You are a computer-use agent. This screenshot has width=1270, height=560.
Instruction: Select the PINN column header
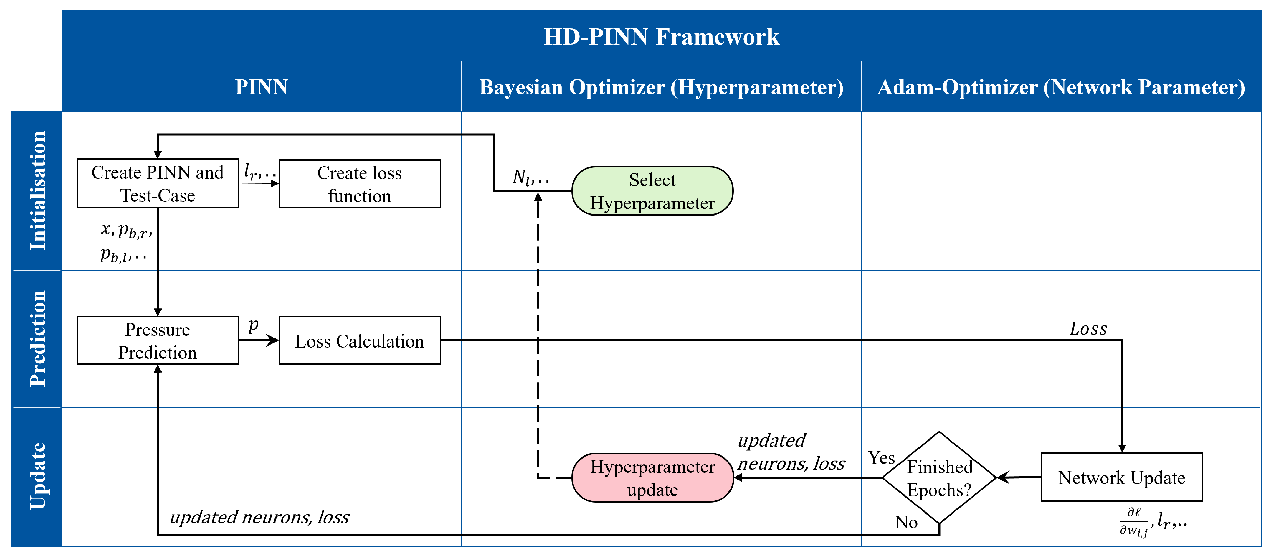click(x=261, y=87)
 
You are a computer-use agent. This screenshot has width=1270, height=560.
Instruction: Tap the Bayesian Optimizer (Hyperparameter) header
click(x=661, y=87)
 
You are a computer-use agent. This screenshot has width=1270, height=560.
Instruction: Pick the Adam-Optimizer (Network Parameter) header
click(x=1061, y=87)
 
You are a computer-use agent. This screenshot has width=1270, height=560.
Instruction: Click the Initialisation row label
click(x=37, y=190)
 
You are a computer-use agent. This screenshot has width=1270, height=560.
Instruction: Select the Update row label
click(x=37, y=476)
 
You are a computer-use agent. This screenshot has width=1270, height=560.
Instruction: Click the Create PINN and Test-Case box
click(x=158, y=183)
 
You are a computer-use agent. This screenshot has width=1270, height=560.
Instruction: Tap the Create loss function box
click(x=359, y=184)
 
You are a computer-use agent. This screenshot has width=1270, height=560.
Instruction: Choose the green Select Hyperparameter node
click(x=652, y=191)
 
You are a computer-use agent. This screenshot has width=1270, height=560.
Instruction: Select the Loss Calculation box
click(x=359, y=341)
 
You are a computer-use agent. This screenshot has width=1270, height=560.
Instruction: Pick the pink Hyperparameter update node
click(x=652, y=478)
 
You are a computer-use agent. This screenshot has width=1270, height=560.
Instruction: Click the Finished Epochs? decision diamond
click(x=939, y=477)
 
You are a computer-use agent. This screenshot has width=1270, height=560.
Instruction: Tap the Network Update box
click(x=1122, y=477)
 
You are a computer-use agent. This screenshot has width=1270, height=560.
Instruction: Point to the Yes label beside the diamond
click(x=881, y=458)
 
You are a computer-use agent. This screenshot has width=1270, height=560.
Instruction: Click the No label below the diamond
click(x=906, y=522)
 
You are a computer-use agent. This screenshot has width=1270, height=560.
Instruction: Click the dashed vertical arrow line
click(x=538, y=335)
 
